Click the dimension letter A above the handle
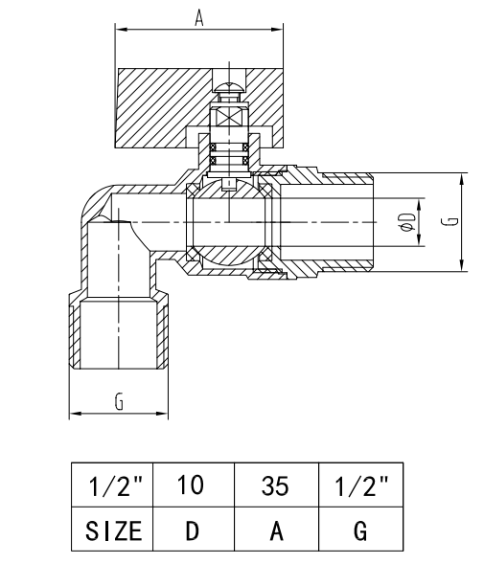pos(199,17)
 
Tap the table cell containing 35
pos(276,485)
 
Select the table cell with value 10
pos(192,485)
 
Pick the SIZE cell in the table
pos(113,530)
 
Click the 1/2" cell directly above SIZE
pos(113,485)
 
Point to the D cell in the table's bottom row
pos(192,530)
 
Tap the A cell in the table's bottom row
pos(276,530)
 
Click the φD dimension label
pos(408,222)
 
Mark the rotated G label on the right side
pos(449,221)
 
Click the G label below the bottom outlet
pos(119,402)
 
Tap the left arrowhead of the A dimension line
pos(120,31)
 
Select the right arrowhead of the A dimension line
pos(279,31)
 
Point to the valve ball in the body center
pos(231,222)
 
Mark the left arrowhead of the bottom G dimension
pos(74,415)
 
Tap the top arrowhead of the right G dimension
pos(462,178)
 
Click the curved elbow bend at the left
pos(93,201)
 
